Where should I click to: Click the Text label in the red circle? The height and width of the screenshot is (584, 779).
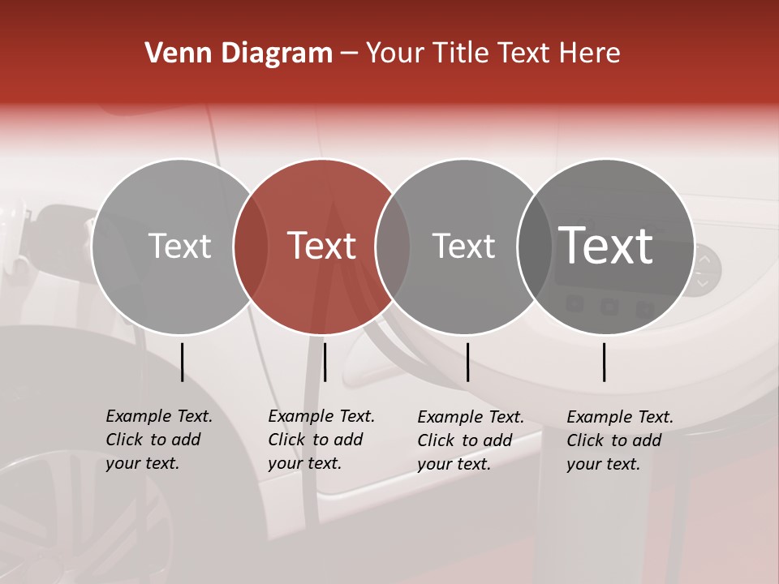coord(321,246)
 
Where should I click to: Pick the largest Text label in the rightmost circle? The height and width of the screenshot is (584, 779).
coord(605,246)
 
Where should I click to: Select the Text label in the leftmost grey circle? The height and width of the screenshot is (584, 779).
coord(179,246)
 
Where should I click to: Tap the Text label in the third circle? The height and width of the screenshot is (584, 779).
coord(463,246)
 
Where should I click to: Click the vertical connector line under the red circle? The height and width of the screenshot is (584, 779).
coord(325,362)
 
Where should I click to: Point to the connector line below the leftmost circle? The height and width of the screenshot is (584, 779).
coord(183,362)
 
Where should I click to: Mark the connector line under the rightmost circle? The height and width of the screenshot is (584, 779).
coord(605,362)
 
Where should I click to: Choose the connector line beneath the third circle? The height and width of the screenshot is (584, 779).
coord(467,362)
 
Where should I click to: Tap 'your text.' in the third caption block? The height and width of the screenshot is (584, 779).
coord(454,464)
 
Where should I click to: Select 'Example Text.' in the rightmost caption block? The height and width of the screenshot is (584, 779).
coord(620,417)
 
